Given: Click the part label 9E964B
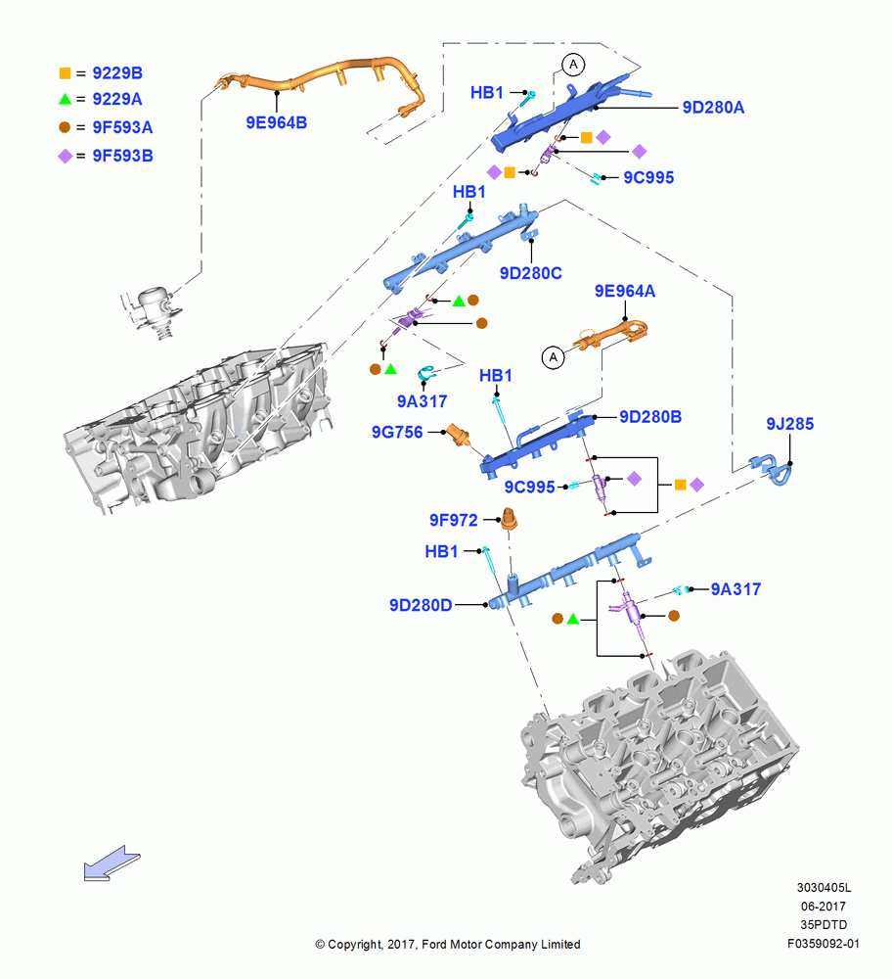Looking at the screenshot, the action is [x=277, y=123].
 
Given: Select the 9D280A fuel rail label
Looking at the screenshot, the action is [x=713, y=108].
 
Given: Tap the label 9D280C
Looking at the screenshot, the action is [x=531, y=273].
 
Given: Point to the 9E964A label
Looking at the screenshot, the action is [x=625, y=291].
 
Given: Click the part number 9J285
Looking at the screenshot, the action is [x=789, y=424].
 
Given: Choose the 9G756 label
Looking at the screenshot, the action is [x=397, y=432].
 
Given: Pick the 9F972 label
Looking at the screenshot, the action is [x=454, y=520].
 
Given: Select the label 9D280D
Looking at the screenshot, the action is [x=421, y=606].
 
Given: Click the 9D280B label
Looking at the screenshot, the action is [x=650, y=417].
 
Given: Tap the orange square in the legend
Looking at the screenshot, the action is [x=65, y=73].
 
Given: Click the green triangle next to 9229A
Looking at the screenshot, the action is [x=65, y=99].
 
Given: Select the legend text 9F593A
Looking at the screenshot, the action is [x=123, y=127].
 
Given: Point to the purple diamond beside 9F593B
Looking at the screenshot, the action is [x=65, y=156].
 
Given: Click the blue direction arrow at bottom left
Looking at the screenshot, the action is [x=112, y=863].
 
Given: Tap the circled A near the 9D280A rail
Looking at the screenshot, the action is [x=573, y=65].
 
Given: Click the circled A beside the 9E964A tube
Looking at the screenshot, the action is [x=554, y=357].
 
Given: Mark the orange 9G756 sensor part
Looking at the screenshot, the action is [x=459, y=436].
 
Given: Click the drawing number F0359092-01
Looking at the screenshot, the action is [x=823, y=944].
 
